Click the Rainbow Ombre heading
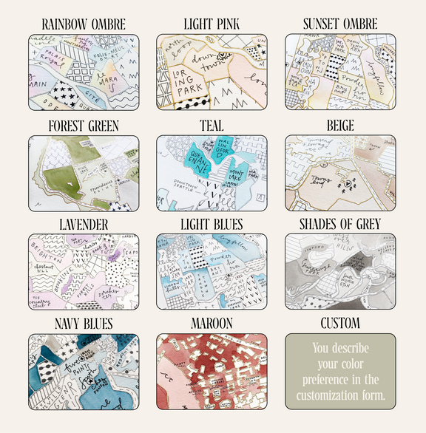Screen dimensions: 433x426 coord(84,24)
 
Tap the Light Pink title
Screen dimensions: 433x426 coord(212,24)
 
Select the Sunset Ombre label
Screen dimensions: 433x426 coord(340,24)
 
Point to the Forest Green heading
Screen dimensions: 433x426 coord(84,126)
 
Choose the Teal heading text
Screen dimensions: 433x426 coord(212,126)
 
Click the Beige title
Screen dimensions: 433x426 coord(340,126)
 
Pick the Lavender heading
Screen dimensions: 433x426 coord(84,223)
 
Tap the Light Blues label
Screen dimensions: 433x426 coord(212,223)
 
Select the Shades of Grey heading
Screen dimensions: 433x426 coord(340,223)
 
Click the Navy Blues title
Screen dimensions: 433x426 coord(84,324)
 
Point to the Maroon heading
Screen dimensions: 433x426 coord(212,324)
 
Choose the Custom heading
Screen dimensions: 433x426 coord(340,324)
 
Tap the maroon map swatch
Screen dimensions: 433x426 coord(212,371)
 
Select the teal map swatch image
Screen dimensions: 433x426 coord(212,173)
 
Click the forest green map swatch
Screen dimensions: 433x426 coord(84,173)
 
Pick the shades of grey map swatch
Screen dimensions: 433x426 coord(340,270)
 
